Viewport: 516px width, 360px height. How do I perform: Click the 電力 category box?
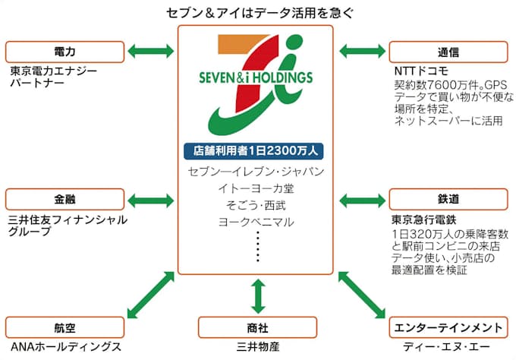click(x=65, y=52)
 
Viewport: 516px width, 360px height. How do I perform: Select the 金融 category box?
click(x=65, y=200)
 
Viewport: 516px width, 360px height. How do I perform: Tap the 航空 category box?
click(x=65, y=328)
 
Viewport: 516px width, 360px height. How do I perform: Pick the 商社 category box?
click(x=257, y=328)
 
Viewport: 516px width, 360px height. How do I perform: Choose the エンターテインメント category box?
click(x=448, y=328)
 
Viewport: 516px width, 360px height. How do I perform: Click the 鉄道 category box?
click(x=448, y=200)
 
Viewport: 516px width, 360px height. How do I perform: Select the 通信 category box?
click(x=448, y=52)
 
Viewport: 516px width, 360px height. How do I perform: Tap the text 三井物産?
click(x=259, y=347)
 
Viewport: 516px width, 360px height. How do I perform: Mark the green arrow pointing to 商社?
click(x=257, y=295)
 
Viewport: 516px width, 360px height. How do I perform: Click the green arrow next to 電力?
click(x=152, y=52)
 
